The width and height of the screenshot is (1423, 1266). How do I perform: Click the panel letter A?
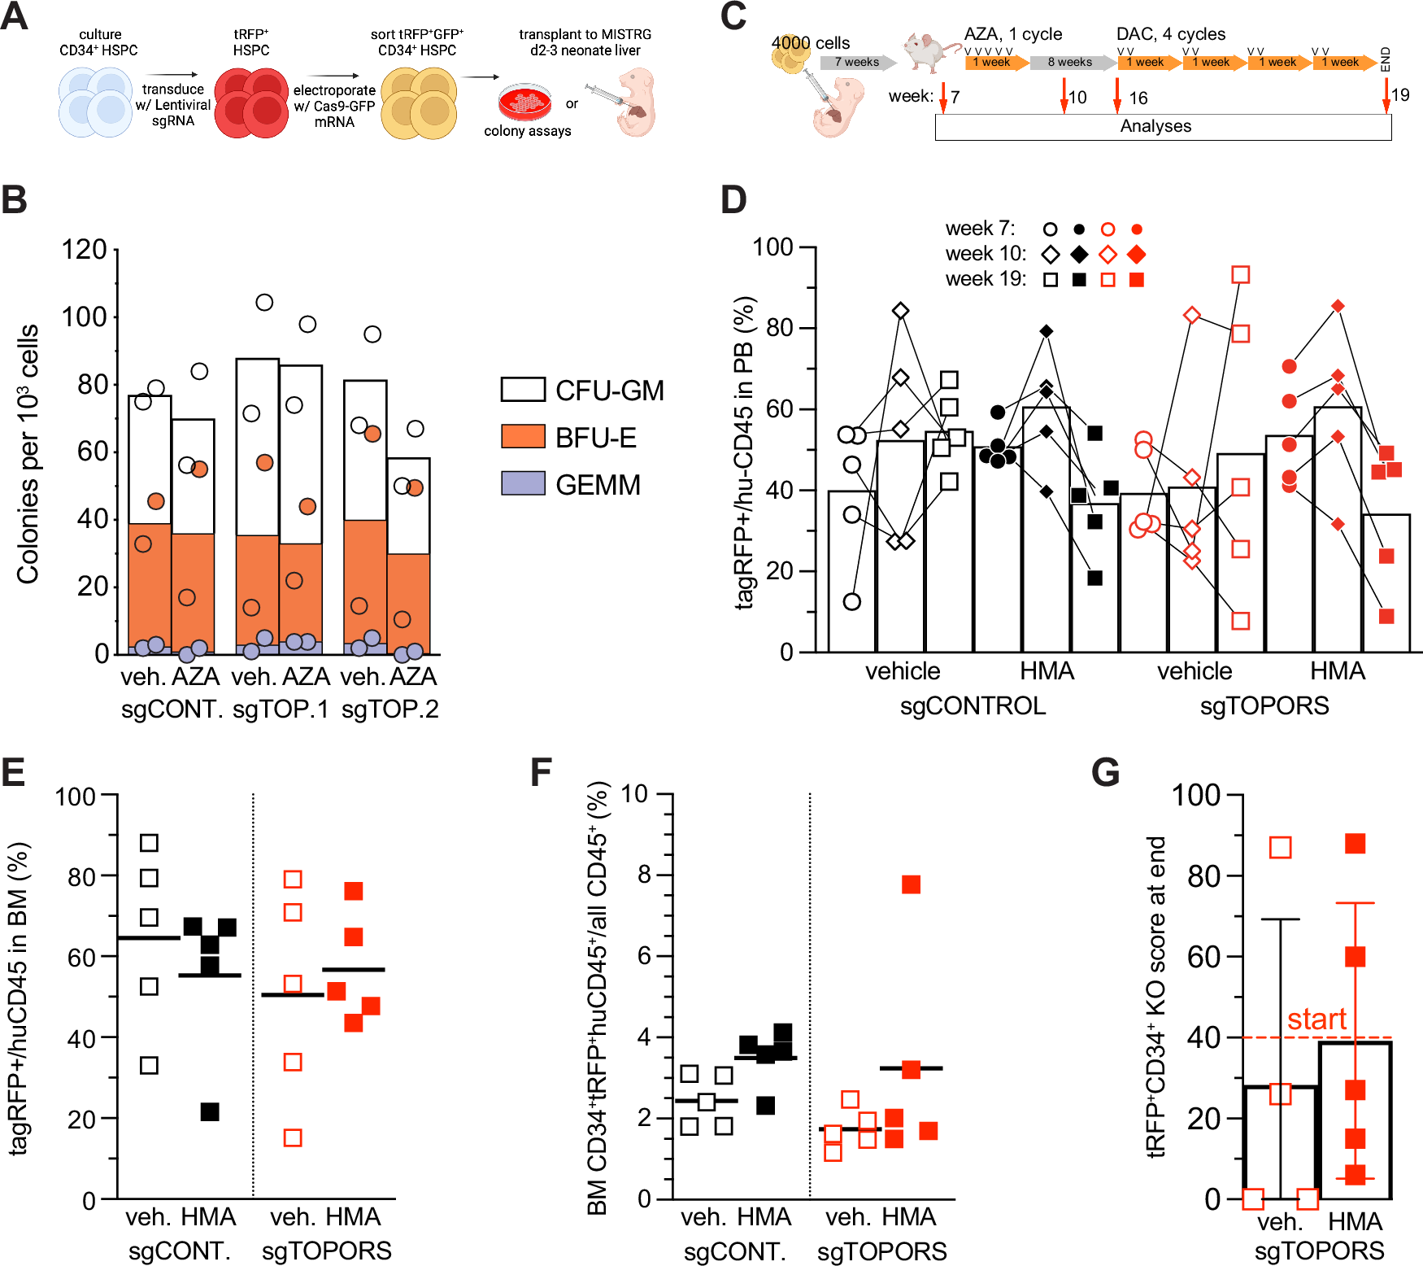click(x=15, y=16)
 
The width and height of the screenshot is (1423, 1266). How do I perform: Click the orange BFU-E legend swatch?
click(x=522, y=437)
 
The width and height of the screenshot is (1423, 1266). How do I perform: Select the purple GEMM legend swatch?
click(x=522, y=483)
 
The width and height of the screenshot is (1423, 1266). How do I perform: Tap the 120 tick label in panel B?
click(x=84, y=250)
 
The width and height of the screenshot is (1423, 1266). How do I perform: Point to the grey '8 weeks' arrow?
click(x=1071, y=63)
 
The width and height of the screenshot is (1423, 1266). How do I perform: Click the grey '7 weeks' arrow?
click(x=857, y=63)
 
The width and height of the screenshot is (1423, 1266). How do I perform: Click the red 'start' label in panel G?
click(x=1316, y=1019)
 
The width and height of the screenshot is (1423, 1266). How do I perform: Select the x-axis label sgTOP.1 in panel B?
click(x=281, y=709)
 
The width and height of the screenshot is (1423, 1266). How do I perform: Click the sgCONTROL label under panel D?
click(x=973, y=705)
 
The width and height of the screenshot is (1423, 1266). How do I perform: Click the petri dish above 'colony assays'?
click(x=524, y=102)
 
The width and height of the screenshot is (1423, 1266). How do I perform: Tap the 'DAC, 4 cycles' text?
click(x=1170, y=34)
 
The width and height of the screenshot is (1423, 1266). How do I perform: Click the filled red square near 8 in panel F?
click(x=911, y=884)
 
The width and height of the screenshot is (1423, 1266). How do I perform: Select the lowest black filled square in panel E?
click(x=210, y=1111)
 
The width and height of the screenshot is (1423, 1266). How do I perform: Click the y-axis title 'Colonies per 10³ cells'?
click(x=28, y=454)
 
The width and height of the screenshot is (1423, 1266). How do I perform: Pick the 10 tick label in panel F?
click(x=634, y=794)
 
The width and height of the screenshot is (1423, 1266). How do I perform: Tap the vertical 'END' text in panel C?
click(x=1386, y=59)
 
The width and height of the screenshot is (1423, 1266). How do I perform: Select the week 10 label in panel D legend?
click(x=986, y=254)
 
